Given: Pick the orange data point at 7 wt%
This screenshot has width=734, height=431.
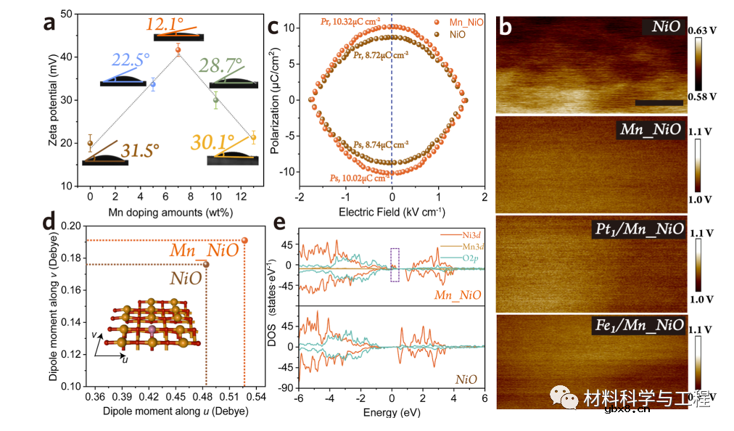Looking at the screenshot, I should click(178, 49).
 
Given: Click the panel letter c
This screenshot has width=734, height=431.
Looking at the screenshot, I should click(273, 27).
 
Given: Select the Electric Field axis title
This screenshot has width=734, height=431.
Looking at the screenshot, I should click(392, 214).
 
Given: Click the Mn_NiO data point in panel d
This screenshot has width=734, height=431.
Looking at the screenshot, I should click(244, 240).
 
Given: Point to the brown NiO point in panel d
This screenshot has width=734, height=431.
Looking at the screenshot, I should click(206, 264).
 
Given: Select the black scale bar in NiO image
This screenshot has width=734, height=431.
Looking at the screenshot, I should click(659, 102).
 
